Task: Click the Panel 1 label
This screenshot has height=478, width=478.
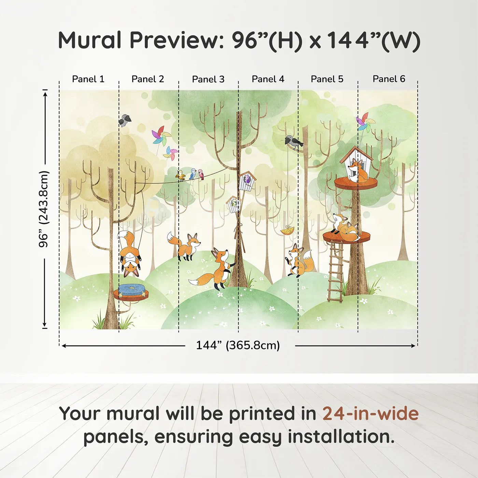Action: (88, 79)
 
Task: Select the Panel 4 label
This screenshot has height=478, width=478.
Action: (268, 79)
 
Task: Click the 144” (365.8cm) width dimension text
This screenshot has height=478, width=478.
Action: (238, 345)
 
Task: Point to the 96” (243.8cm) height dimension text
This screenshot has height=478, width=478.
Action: (44, 209)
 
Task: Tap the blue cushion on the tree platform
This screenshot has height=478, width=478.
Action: (131, 290)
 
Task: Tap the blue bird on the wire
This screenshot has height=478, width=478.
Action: (193, 174)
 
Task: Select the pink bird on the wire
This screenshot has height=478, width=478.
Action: (201, 174)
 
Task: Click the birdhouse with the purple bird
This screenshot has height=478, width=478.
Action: (247, 181)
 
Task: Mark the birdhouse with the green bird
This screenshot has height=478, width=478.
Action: (234, 205)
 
